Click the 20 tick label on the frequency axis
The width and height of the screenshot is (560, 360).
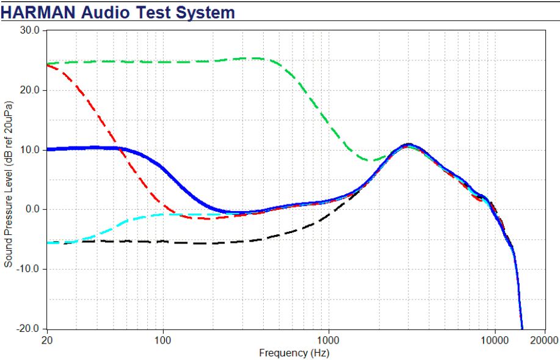point(47,339)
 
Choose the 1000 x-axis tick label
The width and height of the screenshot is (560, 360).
point(329,339)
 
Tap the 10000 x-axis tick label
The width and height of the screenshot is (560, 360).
point(495,339)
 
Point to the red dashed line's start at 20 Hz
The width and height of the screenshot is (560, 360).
point(48,65)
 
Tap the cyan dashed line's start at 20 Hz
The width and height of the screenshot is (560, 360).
point(48,243)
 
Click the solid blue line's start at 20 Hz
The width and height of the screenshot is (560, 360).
point(48,149)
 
